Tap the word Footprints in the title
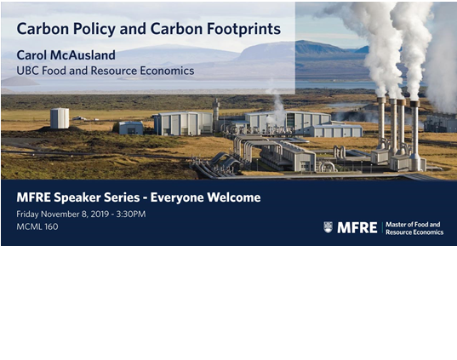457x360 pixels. coord(244,29)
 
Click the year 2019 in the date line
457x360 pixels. coord(100,214)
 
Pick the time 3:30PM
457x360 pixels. coord(131,214)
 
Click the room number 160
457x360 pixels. coord(51,226)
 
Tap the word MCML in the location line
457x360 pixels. coord(29,226)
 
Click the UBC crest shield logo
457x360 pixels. coord(328,227)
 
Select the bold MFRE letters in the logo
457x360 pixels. coord(357,228)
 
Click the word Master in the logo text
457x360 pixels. coord(396,225)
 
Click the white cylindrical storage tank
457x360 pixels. coord(60,118)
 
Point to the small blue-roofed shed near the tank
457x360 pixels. coord(131,128)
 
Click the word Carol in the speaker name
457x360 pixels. coord(31,55)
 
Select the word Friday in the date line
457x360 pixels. coord(27,214)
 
